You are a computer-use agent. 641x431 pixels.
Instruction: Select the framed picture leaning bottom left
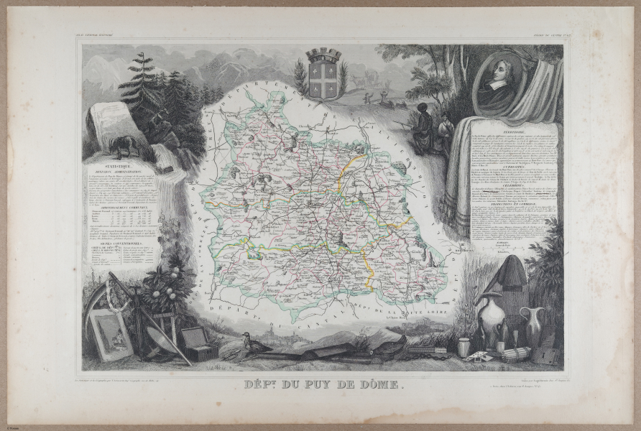pos(111,334)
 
